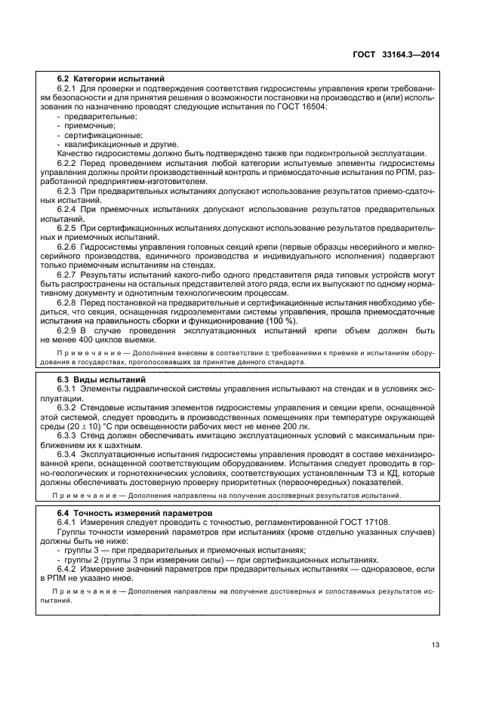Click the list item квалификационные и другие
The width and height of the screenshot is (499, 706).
[111, 143]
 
